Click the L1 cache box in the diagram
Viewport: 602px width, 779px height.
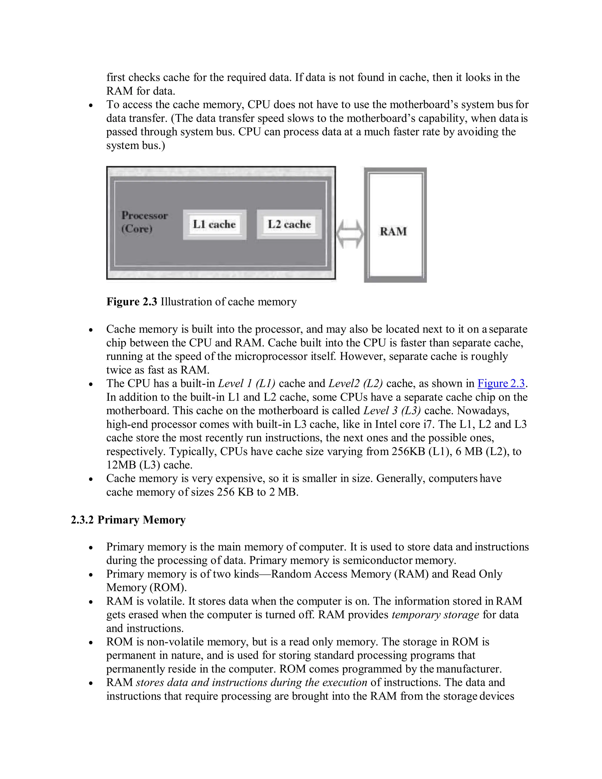[x=214, y=224]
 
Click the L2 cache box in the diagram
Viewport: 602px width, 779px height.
[x=289, y=224]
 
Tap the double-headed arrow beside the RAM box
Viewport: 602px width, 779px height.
[x=350, y=234]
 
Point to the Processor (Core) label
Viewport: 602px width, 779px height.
[x=144, y=222]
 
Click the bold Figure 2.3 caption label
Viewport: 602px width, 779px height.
[x=132, y=302]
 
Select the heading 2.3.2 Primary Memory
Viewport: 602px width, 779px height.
[x=128, y=520]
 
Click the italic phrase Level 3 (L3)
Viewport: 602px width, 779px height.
[x=392, y=411]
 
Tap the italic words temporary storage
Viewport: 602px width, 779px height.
[x=435, y=615]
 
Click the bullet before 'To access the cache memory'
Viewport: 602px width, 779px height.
[x=91, y=106]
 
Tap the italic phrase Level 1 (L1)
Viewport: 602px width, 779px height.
[x=246, y=383]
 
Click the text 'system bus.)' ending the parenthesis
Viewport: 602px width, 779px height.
[x=136, y=146]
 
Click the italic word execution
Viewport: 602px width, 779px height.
[x=345, y=682]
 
